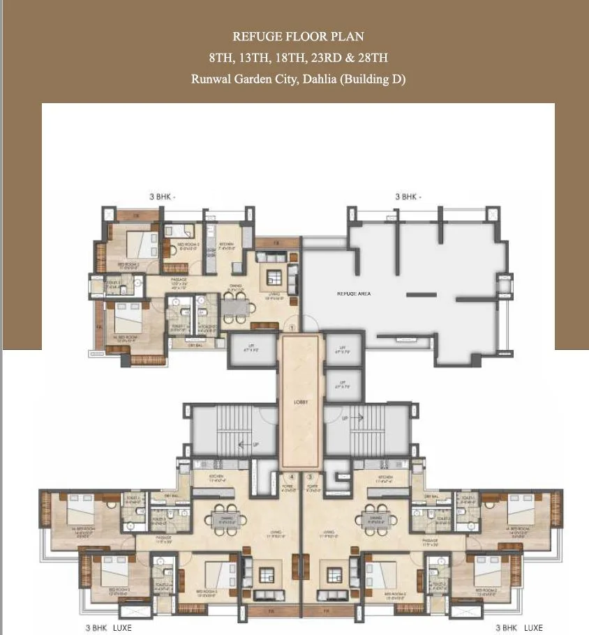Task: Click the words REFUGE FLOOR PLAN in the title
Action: (298, 36)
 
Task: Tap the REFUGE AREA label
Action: (354, 294)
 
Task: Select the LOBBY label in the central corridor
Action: (301, 403)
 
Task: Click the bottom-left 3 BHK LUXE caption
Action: (108, 628)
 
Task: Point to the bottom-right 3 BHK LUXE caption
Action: (518, 628)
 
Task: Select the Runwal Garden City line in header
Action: (298, 79)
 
